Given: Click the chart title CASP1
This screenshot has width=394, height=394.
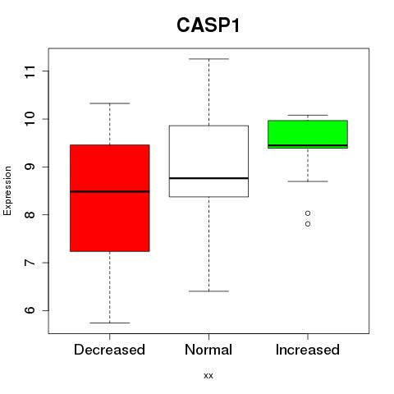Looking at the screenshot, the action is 208,25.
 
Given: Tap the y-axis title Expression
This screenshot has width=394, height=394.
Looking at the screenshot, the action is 7,190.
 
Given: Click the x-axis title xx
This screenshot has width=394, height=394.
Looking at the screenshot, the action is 208,375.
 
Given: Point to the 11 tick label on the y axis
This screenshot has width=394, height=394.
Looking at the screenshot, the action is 30,71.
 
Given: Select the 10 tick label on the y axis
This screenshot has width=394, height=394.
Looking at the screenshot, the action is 30,119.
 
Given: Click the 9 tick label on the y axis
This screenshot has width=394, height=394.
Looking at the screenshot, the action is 30,167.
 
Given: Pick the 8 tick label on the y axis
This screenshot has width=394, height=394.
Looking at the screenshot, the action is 30,215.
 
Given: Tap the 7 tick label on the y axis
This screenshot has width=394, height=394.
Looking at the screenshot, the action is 30,263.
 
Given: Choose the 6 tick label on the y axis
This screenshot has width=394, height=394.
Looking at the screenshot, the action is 30,310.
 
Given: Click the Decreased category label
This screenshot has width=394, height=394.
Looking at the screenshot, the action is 109,350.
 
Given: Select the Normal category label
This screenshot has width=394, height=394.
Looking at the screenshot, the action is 208,350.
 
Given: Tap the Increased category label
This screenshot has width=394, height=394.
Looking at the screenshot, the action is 308,350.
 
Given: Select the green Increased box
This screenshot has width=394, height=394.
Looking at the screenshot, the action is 308,134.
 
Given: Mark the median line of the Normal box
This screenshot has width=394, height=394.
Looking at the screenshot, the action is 208,178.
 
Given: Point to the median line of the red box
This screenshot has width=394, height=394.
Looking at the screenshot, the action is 110,191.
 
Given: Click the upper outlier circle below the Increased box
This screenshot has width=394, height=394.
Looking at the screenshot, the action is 308,213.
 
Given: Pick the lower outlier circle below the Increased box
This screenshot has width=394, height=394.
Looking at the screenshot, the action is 308,224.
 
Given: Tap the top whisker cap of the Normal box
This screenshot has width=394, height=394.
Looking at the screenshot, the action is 208,59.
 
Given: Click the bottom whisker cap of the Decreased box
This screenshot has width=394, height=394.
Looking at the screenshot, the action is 110,323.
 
